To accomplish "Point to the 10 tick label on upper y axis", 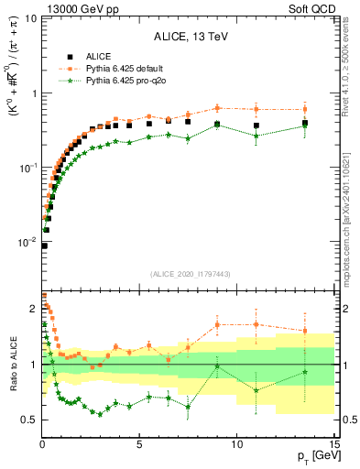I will [x=30, y=18].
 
